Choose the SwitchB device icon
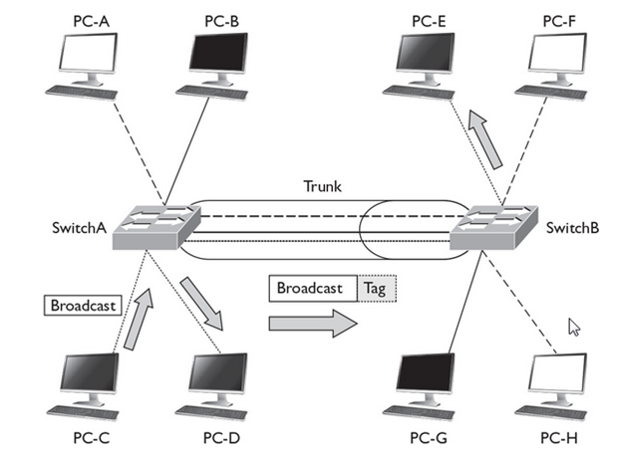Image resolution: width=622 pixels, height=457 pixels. coord(494,231)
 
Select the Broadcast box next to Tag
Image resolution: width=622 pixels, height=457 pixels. coord(312,289)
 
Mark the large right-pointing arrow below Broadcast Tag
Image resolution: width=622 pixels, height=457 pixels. coord(310,324)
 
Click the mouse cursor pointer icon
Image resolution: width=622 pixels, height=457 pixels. coord(574,328)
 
